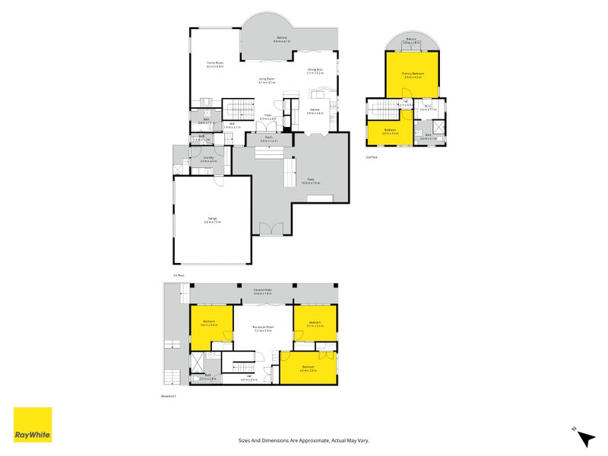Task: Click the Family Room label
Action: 215,64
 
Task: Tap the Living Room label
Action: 266,79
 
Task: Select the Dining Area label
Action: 315,71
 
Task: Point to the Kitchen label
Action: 315,111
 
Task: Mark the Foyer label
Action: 268,118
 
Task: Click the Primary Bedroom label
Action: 413,74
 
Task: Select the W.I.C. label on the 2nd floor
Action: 429,106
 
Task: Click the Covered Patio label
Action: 263,290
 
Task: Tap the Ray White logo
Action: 33,425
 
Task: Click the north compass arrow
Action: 584,438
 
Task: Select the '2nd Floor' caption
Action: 371,157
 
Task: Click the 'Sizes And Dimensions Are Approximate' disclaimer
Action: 304,440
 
